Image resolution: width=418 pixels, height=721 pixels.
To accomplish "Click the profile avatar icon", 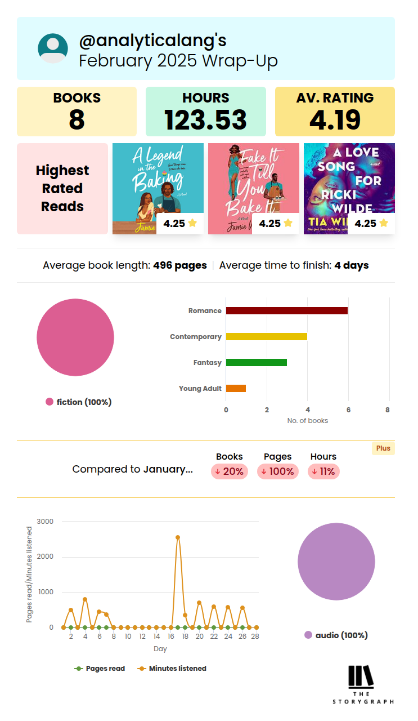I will [53, 48].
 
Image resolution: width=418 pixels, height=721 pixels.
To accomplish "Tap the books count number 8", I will [77, 120].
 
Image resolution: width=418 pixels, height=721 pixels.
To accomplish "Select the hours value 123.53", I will [205, 120].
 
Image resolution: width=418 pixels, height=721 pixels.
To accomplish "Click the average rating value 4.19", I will [335, 120].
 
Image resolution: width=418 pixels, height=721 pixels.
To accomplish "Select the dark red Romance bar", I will [286, 310].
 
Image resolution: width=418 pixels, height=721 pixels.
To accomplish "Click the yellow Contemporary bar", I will [266, 336].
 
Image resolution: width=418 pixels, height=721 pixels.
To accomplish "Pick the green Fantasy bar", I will [256, 362].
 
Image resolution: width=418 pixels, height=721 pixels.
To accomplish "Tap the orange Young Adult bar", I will [236, 388].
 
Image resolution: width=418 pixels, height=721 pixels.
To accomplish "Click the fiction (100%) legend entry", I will [78, 402].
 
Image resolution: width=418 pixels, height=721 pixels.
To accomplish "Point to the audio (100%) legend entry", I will [336, 635].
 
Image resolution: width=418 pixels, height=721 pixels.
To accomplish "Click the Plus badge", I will [383, 448].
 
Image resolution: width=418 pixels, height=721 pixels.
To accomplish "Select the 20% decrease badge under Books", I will [230, 471].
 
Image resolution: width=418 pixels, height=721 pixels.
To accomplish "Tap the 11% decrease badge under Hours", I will [323, 471].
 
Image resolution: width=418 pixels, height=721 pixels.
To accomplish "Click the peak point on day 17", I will [178, 537].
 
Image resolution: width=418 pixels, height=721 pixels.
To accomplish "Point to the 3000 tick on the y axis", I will [45, 522].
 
